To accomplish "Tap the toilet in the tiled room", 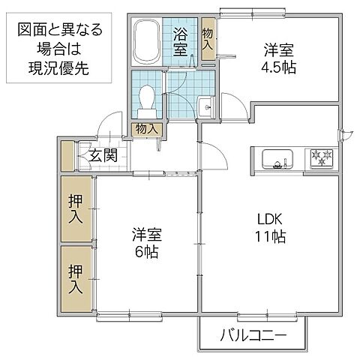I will coord(147,97).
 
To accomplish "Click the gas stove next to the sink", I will coord(323,158).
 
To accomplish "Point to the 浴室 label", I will coord(181,42).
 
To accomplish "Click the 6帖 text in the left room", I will coord(148,252).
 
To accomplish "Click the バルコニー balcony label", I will coord(253,334).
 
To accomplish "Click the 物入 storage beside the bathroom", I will coord(208,38).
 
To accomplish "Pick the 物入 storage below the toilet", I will coord(146,129).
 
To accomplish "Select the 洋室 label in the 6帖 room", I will coord(148,233).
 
